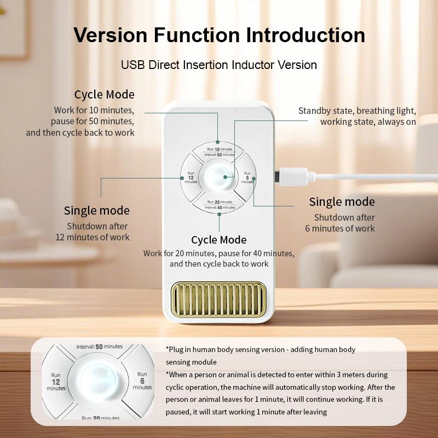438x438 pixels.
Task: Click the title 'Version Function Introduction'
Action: click(219, 35)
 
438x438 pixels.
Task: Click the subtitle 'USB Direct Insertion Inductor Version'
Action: click(219, 65)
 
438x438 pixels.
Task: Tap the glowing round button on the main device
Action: click(218, 177)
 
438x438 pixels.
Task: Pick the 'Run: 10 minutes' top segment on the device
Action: click(219, 152)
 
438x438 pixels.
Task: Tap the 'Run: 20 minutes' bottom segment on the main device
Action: click(219, 204)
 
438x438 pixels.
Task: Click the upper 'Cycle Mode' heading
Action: click(105, 94)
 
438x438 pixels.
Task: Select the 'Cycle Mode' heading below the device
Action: click(219, 240)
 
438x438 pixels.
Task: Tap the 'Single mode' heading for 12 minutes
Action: click(97, 211)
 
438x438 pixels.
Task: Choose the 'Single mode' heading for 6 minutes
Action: click(342, 201)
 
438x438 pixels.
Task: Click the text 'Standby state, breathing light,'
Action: click(357, 111)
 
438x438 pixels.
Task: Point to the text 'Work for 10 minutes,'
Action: click(94, 110)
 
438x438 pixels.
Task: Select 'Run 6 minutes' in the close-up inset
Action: click(142, 381)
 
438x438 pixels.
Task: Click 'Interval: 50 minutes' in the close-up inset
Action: click(100, 347)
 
